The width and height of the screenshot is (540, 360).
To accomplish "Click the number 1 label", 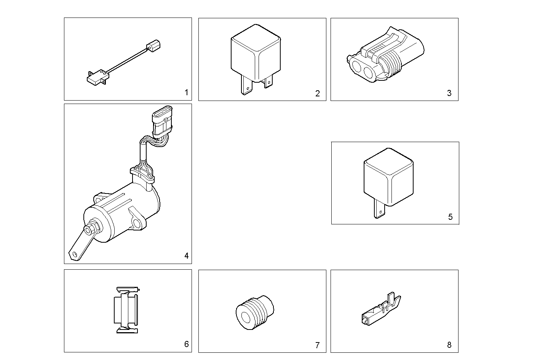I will point(186,93).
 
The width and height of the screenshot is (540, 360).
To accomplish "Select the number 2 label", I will point(318,94).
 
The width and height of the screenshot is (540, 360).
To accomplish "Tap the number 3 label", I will point(449,93).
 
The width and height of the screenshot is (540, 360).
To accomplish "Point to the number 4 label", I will point(186,256).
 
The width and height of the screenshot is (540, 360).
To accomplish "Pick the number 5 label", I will point(451,217).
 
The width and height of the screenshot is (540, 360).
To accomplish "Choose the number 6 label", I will point(186,344).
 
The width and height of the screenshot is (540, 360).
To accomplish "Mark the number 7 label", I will point(317,346).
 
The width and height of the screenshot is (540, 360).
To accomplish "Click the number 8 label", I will point(449,345).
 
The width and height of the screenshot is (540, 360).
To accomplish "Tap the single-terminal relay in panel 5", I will point(388,175).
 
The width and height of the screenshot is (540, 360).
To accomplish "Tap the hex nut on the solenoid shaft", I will point(93,230).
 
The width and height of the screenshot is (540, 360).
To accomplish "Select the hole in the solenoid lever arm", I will point(75,254).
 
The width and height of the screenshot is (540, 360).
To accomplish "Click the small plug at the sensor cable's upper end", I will point(154,46).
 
